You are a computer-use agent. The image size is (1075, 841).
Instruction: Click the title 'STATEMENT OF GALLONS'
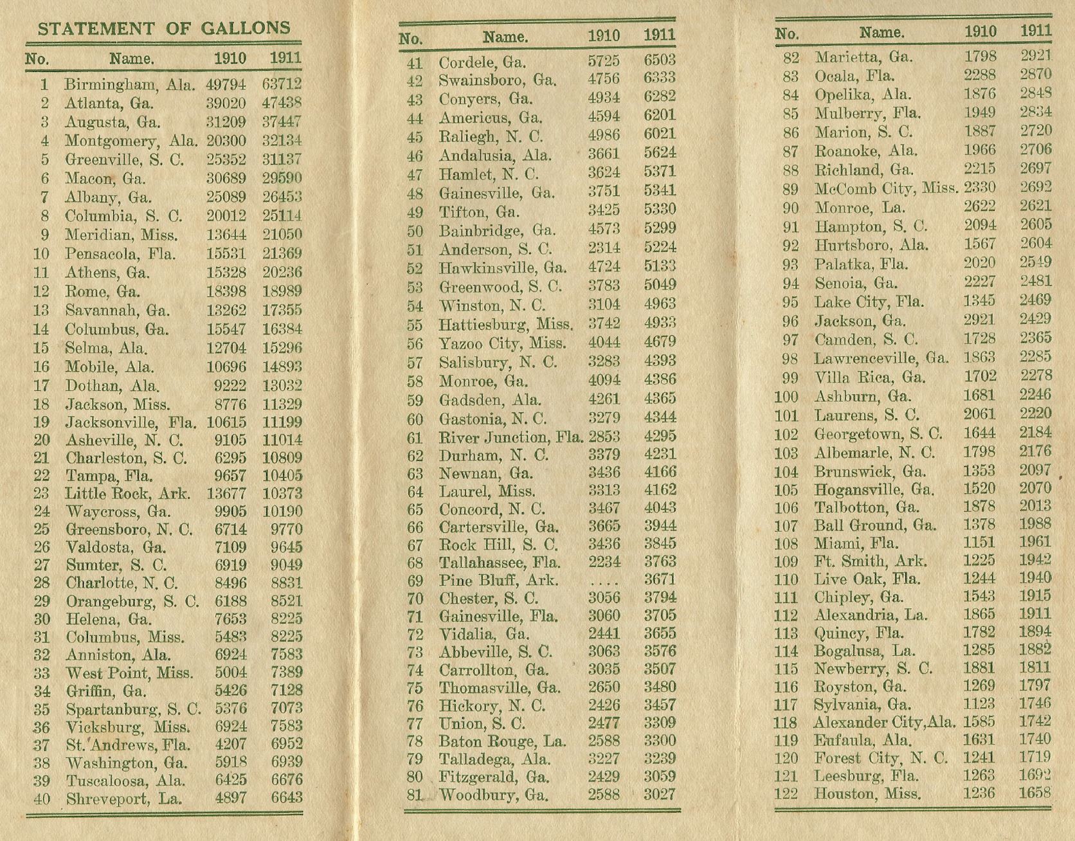(164, 29)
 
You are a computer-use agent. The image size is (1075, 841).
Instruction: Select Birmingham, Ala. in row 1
(129, 85)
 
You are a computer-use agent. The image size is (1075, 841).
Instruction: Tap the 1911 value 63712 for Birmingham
(282, 84)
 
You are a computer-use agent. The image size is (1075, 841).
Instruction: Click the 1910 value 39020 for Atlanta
(226, 104)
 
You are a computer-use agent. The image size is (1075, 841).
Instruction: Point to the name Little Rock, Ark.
(127, 494)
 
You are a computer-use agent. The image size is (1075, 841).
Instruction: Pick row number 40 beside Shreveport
(42, 799)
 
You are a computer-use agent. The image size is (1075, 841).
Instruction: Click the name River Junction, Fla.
(510, 438)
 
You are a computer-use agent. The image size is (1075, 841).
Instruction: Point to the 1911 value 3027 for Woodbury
(660, 795)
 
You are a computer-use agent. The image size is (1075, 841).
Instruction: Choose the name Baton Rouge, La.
(502, 741)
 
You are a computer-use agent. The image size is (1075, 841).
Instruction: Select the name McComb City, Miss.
(886, 189)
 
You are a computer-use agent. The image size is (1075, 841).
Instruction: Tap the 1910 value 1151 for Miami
(979, 543)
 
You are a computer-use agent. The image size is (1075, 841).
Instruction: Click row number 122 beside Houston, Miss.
(785, 793)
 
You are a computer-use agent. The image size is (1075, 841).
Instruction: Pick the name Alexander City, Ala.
(884, 722)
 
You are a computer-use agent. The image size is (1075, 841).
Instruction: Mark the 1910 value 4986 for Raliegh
(604, 136)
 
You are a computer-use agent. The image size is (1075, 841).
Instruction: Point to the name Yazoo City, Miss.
(502, 343)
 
